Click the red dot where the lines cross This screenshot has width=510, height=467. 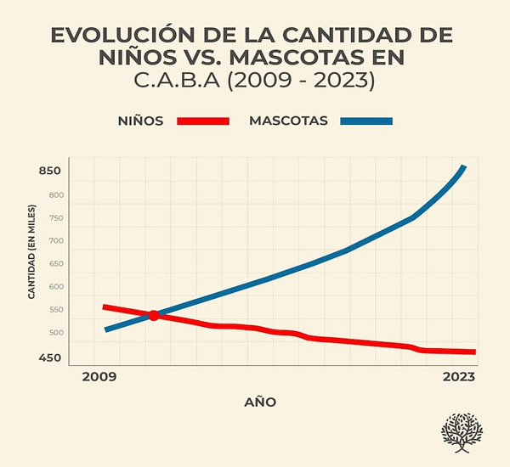tap(154, 315)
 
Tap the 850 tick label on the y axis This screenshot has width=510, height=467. tap(50, 172)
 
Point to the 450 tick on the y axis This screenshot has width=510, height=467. tap(50, 357)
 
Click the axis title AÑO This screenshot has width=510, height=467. tap(261, 402)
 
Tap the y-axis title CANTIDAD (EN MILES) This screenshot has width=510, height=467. tap(31, 251)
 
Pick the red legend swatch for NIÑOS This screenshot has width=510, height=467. tap(203, 121)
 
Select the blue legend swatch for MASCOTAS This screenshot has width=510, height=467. tap(366, 121)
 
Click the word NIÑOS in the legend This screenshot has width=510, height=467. tap(141, 121)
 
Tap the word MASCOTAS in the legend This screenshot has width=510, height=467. tap(288, 121)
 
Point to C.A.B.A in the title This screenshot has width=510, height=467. tap(173, 82)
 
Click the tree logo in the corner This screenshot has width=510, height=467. tap(462, 433)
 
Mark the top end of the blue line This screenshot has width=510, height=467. tap(463, 167)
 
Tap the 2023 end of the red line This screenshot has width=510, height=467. tap(473, 352)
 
